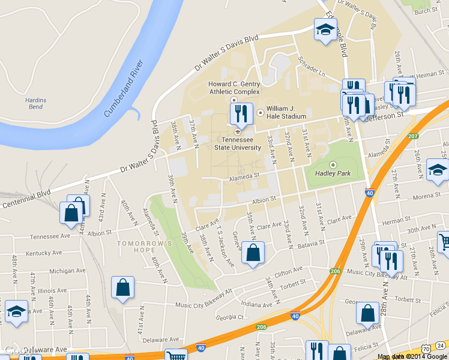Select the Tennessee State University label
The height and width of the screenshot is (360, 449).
pyautogui.click(x=238, y=143)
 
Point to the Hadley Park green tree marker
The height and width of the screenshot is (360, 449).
pyautogui.click(x=333, y=164)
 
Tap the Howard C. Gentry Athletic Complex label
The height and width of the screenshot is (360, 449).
pyautogui.click(x=234, y=88)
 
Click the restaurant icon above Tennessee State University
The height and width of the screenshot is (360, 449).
pyautogui.click(x=242, y=112)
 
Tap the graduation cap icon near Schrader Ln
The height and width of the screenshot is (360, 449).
pyautogui.click(x=325, y=29)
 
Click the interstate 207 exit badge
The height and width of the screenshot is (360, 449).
pyautogui.click(x=412, y=136)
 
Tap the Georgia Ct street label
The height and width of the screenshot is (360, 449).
pyautogui.click(x=230, y=317)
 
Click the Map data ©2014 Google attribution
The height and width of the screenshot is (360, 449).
pyautogui.click(x=412, y=356)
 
